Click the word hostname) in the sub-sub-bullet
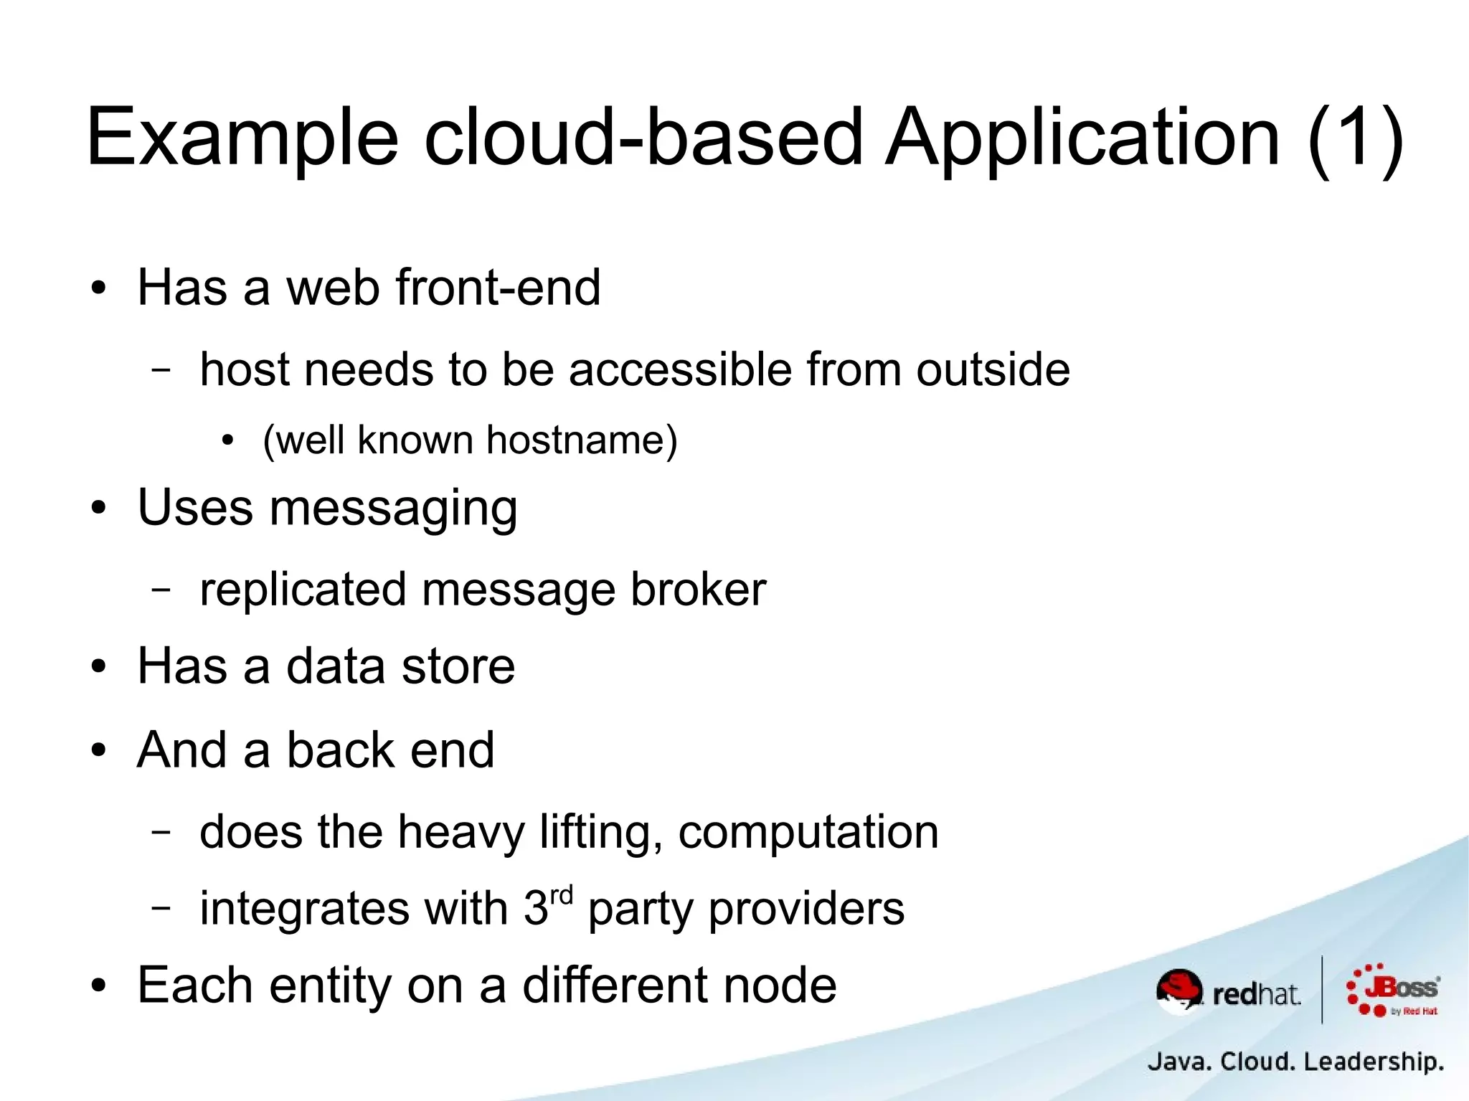582,440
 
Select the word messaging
393,509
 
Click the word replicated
303,590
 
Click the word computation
808,833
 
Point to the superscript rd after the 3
562,895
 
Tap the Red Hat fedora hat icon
1179,990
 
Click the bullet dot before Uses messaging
99,509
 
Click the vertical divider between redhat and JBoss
1322,990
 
